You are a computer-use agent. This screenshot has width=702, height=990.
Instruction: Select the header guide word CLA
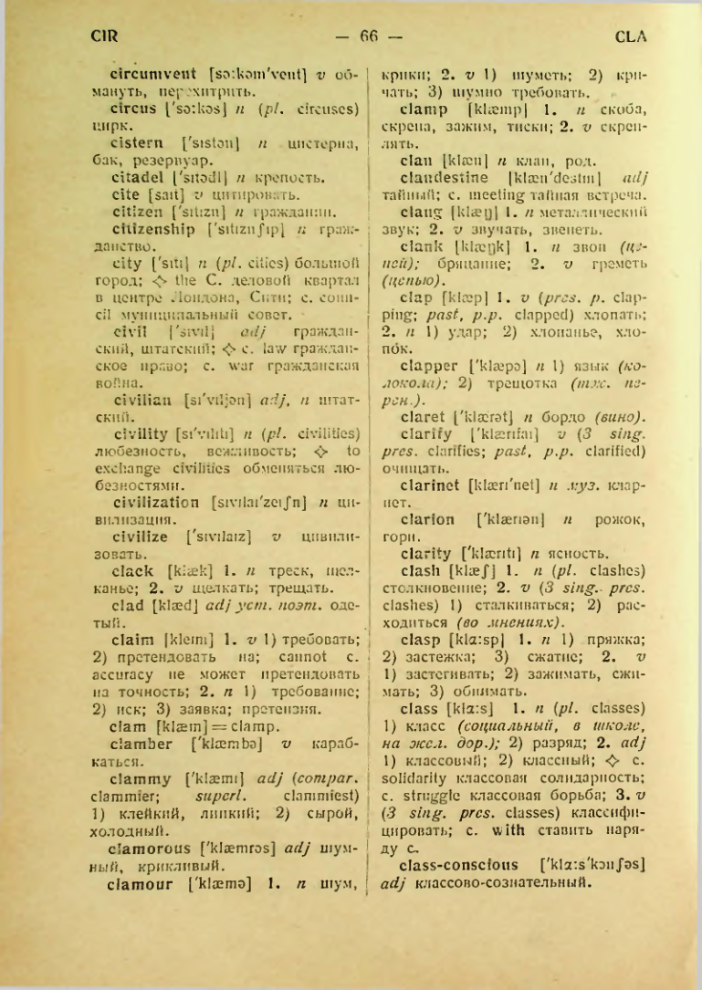point(631,37)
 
